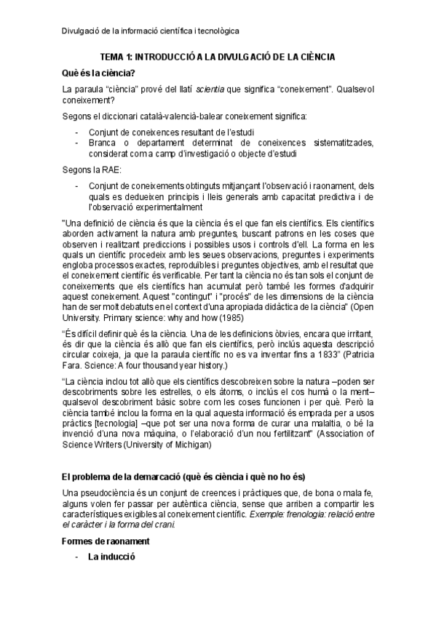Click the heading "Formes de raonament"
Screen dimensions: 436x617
(106, 541)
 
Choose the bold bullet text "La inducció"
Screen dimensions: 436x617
(111, 557)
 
